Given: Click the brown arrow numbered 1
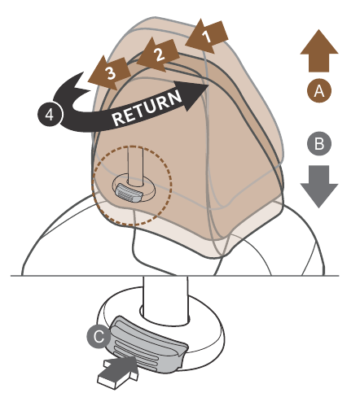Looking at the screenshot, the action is pos(207,36).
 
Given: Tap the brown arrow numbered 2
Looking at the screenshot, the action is pos(159,55).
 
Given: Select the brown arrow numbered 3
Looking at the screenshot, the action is pos(110,73).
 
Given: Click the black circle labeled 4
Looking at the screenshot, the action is pos(50,114).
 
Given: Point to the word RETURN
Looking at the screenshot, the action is pos(147,107).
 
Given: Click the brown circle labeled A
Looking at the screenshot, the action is pos(319,90).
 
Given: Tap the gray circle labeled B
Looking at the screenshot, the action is pos(319,144).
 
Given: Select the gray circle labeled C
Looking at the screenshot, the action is pos(99,336).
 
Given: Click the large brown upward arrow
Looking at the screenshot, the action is pos(319,50).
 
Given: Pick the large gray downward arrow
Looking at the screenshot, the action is pos(319,186).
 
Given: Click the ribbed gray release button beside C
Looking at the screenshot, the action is pos(148,343).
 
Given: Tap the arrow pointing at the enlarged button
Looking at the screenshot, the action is pos(118,372).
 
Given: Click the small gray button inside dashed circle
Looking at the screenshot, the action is pos(129,192).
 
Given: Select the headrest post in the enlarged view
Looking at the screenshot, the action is pos(165,299).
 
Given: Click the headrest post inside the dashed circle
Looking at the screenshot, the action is pos(135,166).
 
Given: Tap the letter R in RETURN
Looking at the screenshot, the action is pos(119,119).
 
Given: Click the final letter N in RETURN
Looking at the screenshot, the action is pos(174,98).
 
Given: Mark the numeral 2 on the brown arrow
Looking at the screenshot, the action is pos(160,55).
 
